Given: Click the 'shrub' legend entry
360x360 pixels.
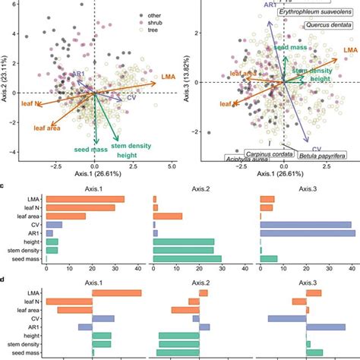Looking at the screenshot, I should tap(160, 24).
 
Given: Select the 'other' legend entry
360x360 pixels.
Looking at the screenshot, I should tap(160, 14).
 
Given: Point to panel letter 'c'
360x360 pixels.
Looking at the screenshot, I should tap(5, 186).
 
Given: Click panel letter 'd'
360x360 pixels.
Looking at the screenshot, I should tap(5, 279).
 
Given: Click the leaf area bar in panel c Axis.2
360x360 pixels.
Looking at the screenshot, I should tap(167, 216).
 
